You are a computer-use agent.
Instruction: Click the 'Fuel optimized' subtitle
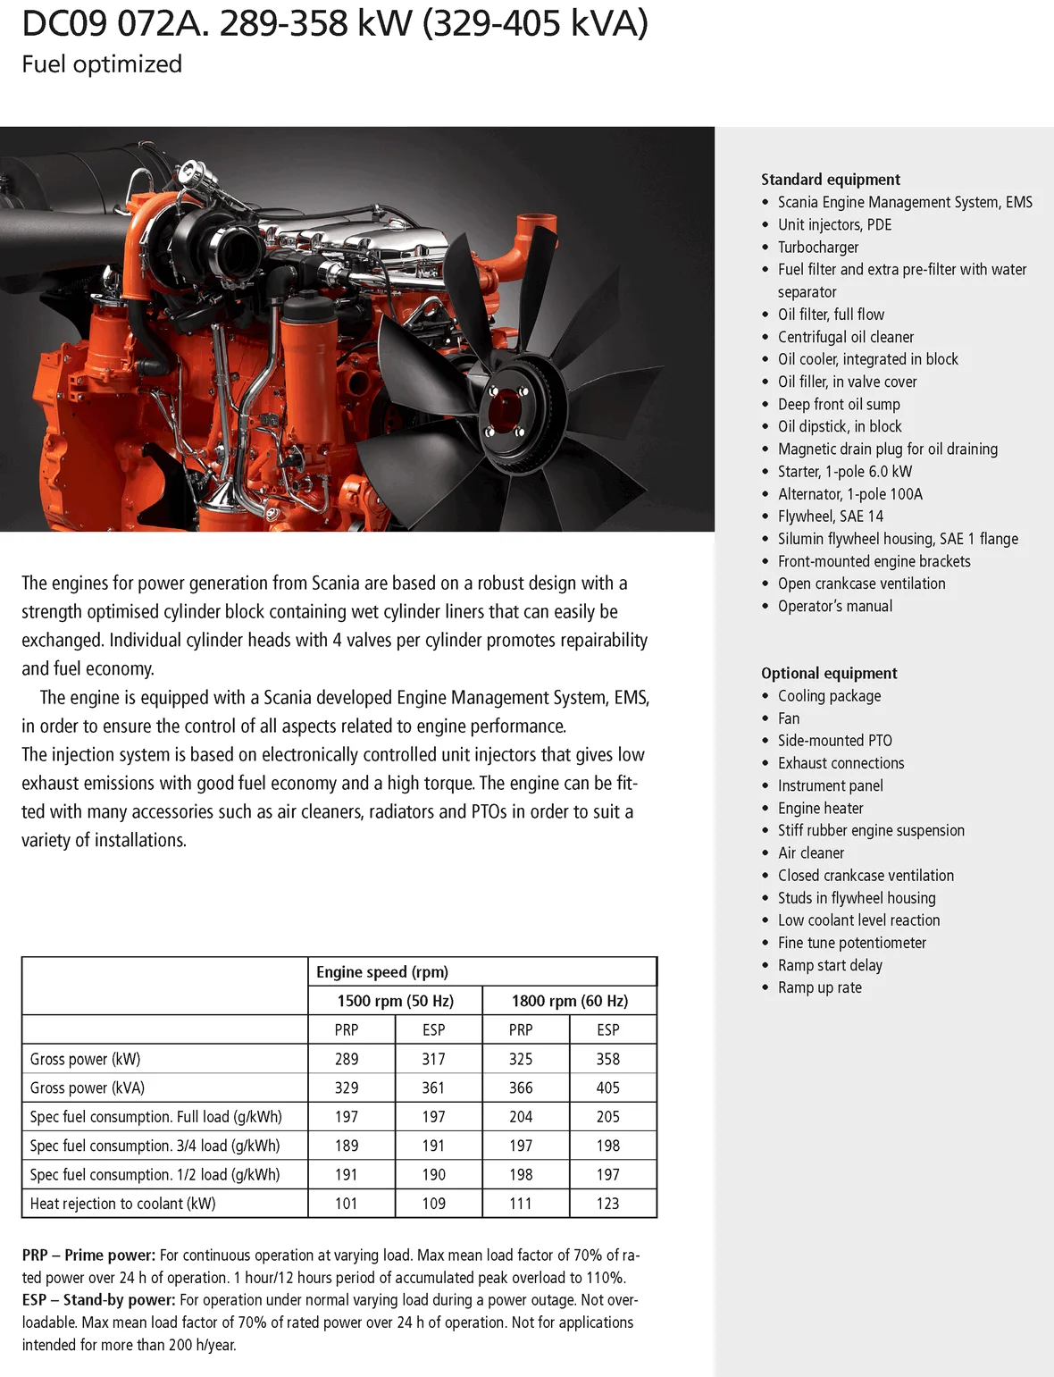pyautogui.click(x=102, y=64)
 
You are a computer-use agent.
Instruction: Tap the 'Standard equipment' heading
pyautogui.click(x=830, y=180)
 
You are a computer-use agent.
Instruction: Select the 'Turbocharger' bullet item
pyautogui.click(x=817, y=248)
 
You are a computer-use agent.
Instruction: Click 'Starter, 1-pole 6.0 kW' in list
pyautogui.click(x=844, y=472)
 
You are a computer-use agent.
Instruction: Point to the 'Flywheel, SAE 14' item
pyautogui.click(x=830, y=516)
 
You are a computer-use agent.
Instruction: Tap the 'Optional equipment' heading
pyautogui.click(x=828, y=674)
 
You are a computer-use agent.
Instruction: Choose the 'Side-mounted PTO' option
pyautogui.click(x=834, y=741)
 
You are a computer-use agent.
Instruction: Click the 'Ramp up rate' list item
pyautogui.click(x=819, y=987)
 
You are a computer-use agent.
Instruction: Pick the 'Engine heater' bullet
pyautogui.click(x=820, y=809)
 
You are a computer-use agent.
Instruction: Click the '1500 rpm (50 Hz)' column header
pyautogui.click(x=395, y=1001)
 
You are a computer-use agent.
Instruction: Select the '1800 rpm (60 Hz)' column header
pyautogui.click(x=569, y=1001)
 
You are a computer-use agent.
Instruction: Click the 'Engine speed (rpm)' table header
pyautogui.click(x=382, y=972)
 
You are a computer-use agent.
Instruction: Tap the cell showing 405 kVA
pyautogui.click(x=607, y=1088)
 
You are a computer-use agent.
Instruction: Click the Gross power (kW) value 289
pyautogui.click(x=347, y=1059)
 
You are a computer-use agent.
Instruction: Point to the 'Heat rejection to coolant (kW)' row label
pyautogui.click(x=122, y=1204)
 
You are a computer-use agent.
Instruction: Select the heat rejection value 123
pyautogui.click(x=607, y=1204)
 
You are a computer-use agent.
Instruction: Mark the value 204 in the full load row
pyautogui.click(x=521, y=1117)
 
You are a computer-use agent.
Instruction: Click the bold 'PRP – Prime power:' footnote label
pyautogui.click(x=88, y=1255)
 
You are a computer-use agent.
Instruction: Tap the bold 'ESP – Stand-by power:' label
pyautogui.click(x=98, y=1300)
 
